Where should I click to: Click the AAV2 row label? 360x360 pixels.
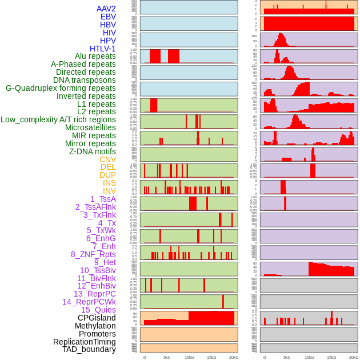coord(106,9)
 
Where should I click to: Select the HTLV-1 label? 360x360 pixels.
coord(103,49)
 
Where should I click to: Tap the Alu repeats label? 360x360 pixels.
coord(95,56)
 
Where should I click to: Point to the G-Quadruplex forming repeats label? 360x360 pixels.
coord(61,88)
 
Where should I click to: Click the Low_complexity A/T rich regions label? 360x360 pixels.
coord(58,119)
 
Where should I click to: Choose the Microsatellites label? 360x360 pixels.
coord(90,127)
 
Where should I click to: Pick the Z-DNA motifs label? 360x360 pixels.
coord(93,151)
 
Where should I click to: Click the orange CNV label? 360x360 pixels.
coord(107,159)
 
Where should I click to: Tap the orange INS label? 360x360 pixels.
coord(109,183)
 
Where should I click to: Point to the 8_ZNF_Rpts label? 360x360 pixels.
coord(93,254)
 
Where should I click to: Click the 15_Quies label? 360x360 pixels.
coord(98,310)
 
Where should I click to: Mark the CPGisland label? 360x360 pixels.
coord(97,318)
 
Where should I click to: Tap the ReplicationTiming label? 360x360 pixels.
coord(85,342)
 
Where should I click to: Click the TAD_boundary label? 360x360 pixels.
coord(89,349)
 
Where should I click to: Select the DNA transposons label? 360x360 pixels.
coord(85,80)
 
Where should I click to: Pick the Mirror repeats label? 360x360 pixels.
coord(90,143)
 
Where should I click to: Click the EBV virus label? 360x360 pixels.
coord(108,17)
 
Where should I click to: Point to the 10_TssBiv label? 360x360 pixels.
coord(98,270)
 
